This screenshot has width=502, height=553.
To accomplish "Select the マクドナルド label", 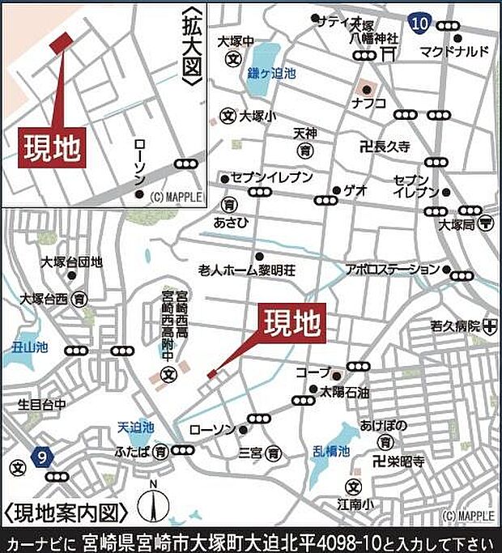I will pyautogui.click(x=455, y=51).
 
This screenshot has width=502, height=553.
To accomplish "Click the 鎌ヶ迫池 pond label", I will pyautogui.click(x=270, y=72).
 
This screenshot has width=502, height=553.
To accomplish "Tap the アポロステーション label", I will pyautogui.click(x=392, y=268).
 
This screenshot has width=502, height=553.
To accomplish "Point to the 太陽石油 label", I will pyautogui.click(x=344, y=392).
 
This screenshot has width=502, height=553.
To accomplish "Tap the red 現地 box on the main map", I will pyautogui.click(x=291, y=321).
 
